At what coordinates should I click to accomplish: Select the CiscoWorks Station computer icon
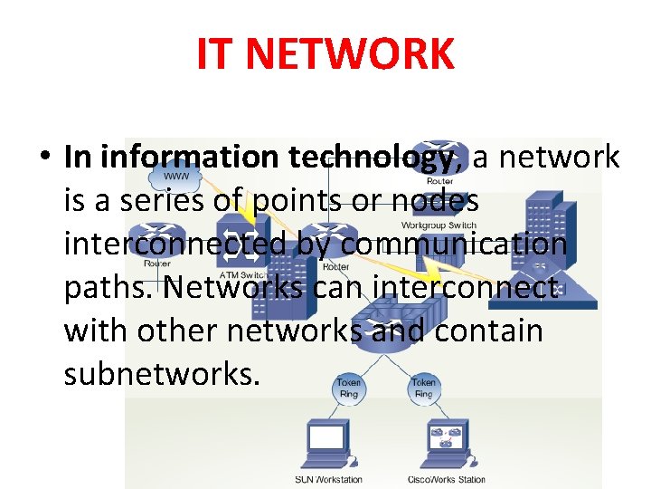442,443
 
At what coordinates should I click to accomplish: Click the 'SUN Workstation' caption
328,480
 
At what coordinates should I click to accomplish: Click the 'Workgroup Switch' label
439,225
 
